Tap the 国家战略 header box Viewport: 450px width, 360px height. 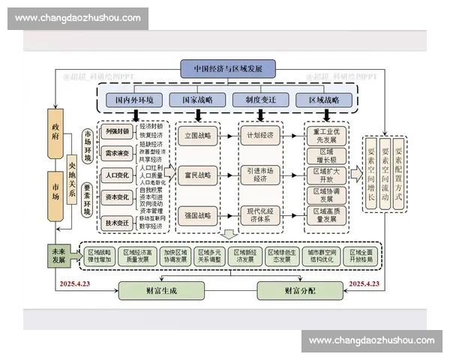191,99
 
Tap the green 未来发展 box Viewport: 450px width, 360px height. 57,256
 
